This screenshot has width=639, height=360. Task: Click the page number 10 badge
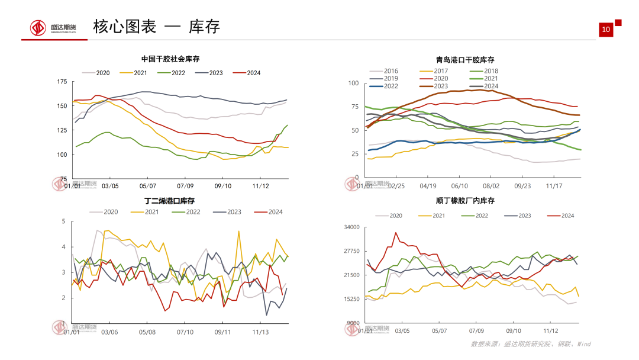605,30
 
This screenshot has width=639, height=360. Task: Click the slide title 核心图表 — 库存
156,27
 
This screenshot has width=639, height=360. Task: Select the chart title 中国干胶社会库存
170,59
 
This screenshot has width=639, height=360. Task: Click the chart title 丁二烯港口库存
169,201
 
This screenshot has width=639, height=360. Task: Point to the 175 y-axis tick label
61,82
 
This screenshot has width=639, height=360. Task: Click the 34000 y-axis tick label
351,227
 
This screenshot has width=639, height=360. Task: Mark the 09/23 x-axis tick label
522,185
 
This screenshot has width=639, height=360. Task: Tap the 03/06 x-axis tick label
110,332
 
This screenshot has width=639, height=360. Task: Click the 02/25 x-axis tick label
396,185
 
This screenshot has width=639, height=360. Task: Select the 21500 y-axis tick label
351,275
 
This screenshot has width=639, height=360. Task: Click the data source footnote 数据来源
530,344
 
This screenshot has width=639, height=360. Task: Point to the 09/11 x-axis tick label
222,332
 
